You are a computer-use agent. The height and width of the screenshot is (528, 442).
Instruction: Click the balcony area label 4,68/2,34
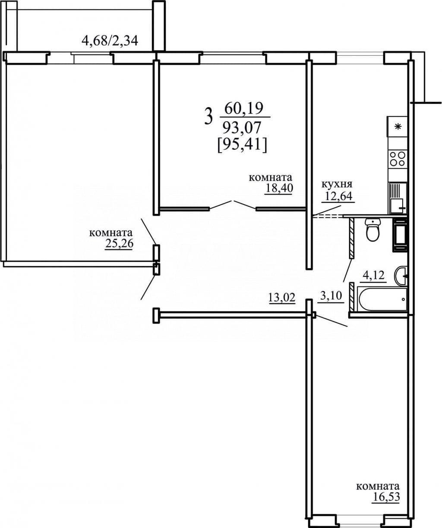click(110, 41)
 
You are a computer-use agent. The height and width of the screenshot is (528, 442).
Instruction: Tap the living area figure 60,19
click(244, 109)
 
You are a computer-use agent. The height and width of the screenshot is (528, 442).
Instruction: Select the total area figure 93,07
click(241, 128)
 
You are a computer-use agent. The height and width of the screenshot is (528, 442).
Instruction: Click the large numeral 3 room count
click(208, 116)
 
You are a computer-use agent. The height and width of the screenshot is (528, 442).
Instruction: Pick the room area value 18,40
click(279, 188)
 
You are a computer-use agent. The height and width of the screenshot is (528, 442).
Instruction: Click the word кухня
click(337, 184)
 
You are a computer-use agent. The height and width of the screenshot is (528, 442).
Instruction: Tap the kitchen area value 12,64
click(338, 196)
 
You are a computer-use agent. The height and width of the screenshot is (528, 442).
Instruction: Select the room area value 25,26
click(119, 244)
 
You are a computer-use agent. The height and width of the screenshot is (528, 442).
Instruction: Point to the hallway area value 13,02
click(282, 297)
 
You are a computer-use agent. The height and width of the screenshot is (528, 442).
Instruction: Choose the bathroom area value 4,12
click(373, 275)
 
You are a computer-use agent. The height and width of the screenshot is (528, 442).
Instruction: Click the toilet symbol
click(373, 229)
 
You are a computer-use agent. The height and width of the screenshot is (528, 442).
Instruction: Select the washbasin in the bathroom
click(401, 277)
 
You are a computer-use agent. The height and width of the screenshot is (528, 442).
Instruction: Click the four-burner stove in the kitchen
click(397, 158)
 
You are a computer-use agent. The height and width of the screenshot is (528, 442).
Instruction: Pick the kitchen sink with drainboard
click(398, 198)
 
